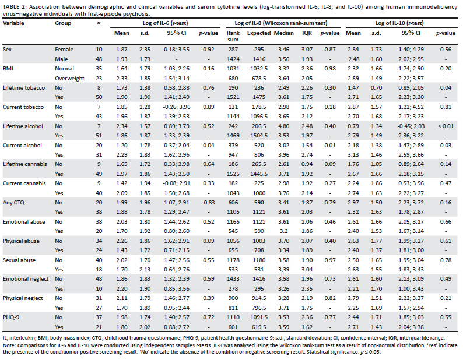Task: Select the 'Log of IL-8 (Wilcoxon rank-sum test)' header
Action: click(x=281, y=23)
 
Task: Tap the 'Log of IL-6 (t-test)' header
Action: click(x=165, y=23)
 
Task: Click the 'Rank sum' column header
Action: click(x=233, y=36)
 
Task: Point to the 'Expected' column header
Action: click(x=259, y=33)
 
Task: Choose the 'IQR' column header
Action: click(x=307, y=33)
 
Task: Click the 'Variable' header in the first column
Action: click(x=13, y=23)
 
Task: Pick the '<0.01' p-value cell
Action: click(x=446, y=126)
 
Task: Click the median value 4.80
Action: click(x=283, y=126)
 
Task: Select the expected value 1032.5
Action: click(x=259, y=69)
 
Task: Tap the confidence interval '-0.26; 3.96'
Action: click(x=177, y=107)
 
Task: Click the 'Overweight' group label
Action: click(x=69, y=79)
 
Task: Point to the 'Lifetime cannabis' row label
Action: click(x=25, y=164)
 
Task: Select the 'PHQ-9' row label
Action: click(x=11, y=317)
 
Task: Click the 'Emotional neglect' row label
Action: click(x=26, y=279)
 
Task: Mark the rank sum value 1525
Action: click(x=233, y=174)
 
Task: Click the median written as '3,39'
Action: click(x=283, y=270)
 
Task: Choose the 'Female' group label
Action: click(x=64, y=50)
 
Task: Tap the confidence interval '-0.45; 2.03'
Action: click(x=411, y=126)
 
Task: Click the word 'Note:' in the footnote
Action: click(x=9, y=345)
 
